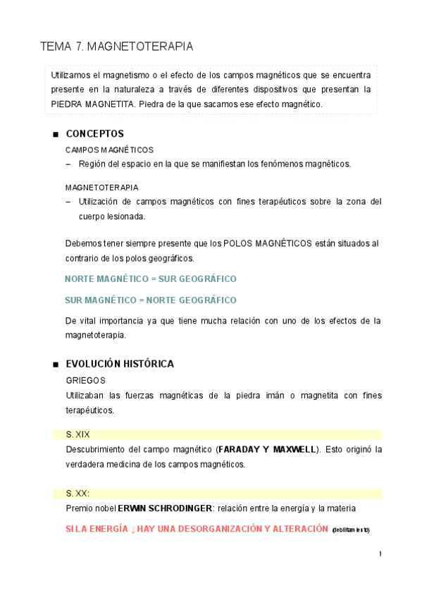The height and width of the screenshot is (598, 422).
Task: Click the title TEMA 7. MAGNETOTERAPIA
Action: click(x=117, y=47)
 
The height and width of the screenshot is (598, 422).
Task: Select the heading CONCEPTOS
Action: click(x=94, y=133)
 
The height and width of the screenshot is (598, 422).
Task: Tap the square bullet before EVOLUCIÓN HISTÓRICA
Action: click(x=54, y=365)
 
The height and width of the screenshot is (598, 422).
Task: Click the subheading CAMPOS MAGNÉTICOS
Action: click(x=109, y=150)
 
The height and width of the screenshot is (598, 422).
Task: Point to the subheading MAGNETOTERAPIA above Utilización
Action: click(x=101, y=188)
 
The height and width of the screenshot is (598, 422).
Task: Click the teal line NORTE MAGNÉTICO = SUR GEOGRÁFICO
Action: click(x=150, y=279)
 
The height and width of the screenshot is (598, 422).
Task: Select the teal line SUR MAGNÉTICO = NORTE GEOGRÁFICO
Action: click(x=150, y=300)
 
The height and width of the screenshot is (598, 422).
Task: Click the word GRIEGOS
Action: click(x=85, y=380)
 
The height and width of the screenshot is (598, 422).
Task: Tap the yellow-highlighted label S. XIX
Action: click(x=77, y=434)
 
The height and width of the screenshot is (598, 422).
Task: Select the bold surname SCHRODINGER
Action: click(x=185, y=508)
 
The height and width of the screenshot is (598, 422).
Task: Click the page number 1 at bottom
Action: click(x=380, y=554)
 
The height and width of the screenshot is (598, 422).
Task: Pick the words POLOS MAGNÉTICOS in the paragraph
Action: click(x=267, y=243)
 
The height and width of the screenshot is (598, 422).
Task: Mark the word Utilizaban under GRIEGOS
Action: click(x=87, y=395)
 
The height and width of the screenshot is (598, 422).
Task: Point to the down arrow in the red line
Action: click(x=132, y=529)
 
